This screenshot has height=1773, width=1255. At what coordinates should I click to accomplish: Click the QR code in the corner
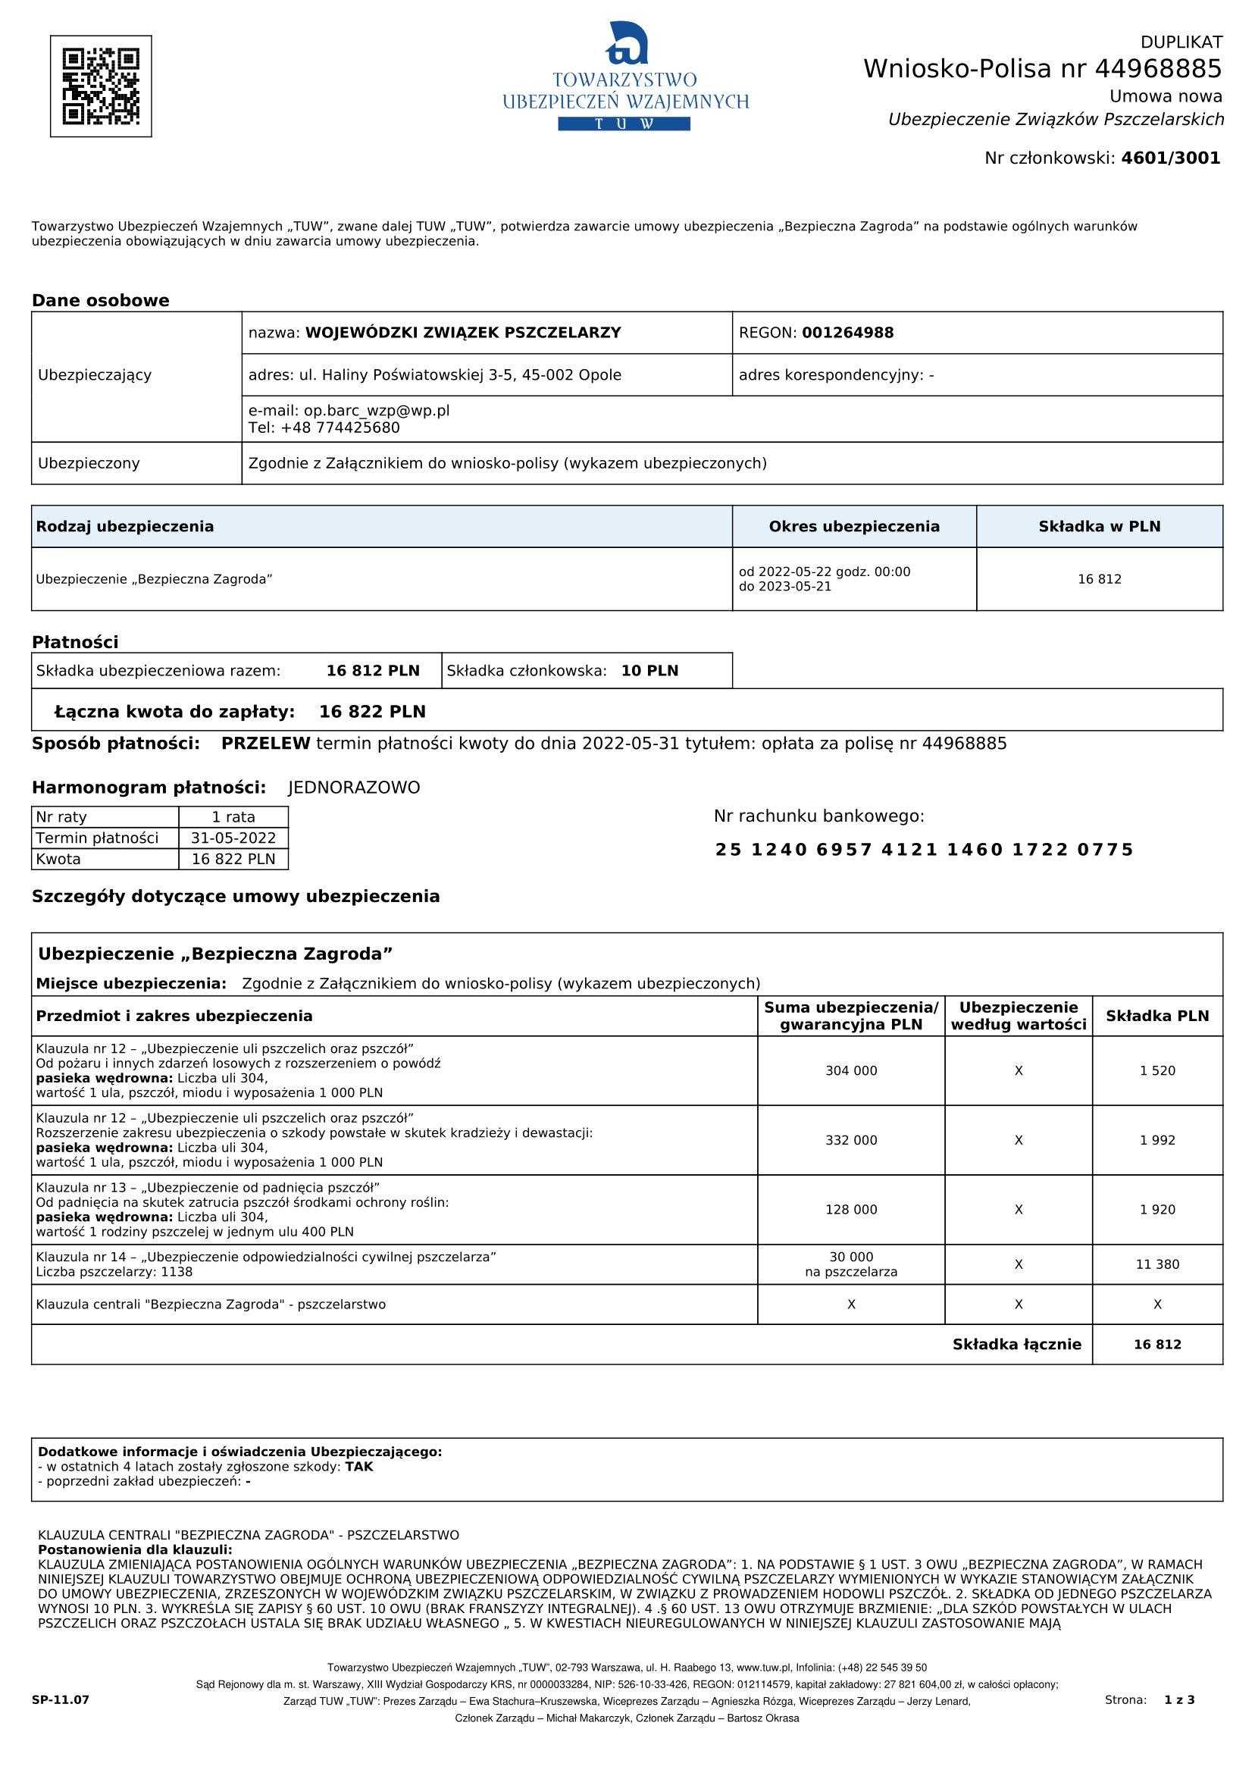click(x=101, y=86)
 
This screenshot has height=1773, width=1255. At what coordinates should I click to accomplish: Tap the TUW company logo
click(x=625, y=77)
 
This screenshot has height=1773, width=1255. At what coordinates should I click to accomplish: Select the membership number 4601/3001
click(x=1170, y=158)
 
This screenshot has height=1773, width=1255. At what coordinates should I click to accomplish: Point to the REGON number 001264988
click(x=848, y=333)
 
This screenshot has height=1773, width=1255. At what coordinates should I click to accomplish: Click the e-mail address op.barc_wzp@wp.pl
click(x=371, y=410)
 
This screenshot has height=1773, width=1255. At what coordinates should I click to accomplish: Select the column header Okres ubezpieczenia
click(x=854, y=526)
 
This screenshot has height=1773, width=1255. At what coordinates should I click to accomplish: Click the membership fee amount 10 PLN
click(x=649, y=671)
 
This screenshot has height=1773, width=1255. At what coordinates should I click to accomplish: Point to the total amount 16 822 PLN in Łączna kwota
click(x=371, y=712)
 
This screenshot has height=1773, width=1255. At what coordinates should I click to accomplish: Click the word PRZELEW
click(x=266, y=744)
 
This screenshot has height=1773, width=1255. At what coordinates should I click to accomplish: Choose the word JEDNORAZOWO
click(x=354, y=788)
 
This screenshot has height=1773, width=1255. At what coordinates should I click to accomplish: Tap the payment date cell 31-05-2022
click(x=233, y=838)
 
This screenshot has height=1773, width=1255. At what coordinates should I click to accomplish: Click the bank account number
click(x=924, y=850)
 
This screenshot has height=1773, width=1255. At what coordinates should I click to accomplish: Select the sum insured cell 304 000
click(x=851, y=1071)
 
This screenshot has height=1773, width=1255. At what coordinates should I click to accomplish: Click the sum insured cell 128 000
click(x=851, y=1211)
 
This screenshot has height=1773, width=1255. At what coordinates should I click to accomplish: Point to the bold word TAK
click(x=358, y=1467)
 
